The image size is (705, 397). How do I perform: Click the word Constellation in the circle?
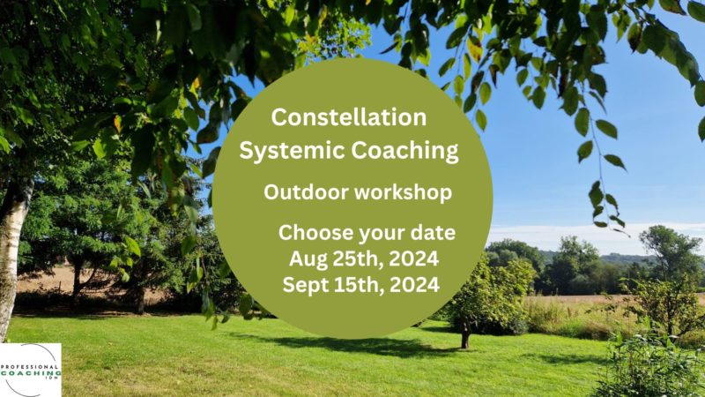[x=348, y=117]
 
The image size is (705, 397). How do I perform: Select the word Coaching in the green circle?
[x=404, y=151]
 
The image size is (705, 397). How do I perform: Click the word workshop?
[x=403, y=192]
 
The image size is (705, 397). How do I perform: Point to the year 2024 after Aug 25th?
[x=413, y=258]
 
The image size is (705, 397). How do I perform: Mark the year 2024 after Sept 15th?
[x=414, y=285]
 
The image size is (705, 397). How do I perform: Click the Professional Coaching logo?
[x=31, y=370]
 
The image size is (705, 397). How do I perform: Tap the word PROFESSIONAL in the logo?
[x=30, y=366]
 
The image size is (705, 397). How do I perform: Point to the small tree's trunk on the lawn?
[x=466, y=338]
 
